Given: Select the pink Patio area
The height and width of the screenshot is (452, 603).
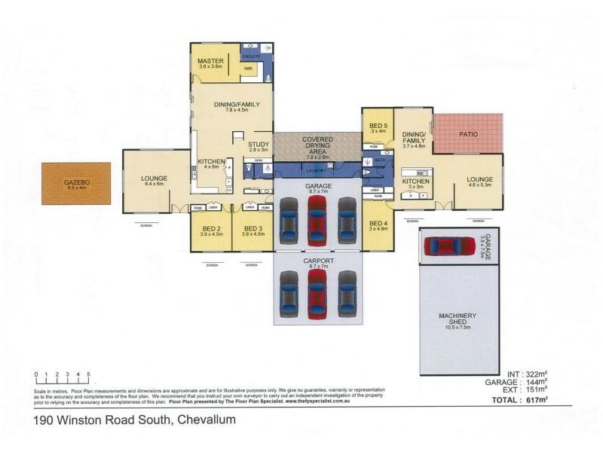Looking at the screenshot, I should click(x=467, y=135).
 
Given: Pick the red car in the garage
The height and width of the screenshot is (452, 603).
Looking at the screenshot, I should click(x=317, y=219).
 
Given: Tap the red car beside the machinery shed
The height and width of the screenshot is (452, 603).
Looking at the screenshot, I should click(x=449, y=246).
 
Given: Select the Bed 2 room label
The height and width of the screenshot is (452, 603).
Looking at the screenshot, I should click(x=210, y=231).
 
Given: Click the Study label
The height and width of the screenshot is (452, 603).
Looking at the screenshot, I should click(x=259, y=146).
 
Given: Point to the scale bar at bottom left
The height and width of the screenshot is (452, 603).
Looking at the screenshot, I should click(x=63, y=374).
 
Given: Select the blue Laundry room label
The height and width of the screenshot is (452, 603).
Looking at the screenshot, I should click(x=317, y=171).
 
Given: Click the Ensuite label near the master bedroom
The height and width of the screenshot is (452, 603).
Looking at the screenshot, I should click(x=251, y=56).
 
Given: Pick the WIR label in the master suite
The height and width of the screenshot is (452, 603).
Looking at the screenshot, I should click(x=247, y=68).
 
